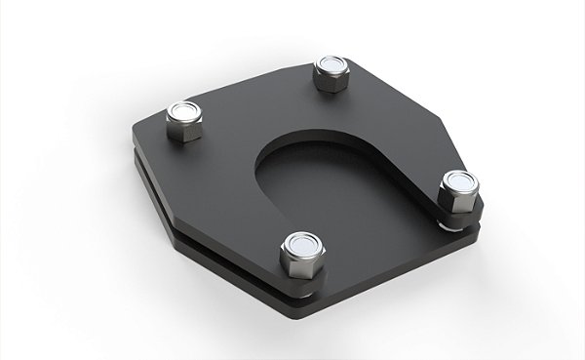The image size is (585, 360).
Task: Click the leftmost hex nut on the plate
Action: click(x=183, y=122)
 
